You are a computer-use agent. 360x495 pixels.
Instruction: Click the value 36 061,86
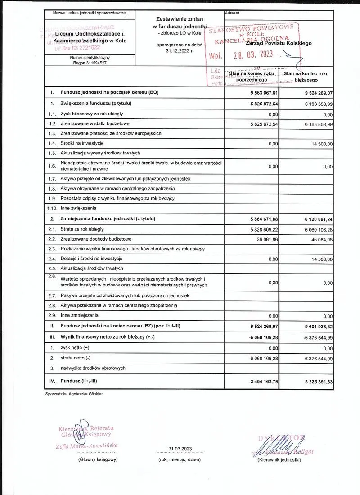pos(265,239)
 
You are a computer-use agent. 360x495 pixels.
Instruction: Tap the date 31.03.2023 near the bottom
pos(180,449)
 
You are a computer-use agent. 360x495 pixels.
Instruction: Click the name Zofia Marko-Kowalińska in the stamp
pos(85,445)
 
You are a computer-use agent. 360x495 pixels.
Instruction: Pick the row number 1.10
pos(52,209)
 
